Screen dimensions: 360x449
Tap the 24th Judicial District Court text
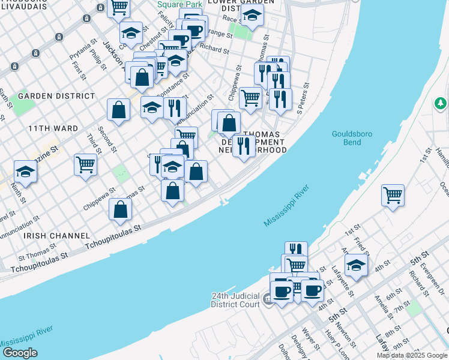pyautogui.click(x=235, y=300)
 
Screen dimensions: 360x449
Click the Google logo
pyautogui.click(x=20, y=353)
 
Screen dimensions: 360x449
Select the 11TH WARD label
pyautogui.click(x=53, y=128)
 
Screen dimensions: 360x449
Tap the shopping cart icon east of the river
pyautogui.click(x=393, y=195)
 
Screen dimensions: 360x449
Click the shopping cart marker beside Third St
pyautogui.click(x=86, y=164)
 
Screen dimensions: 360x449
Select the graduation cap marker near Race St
pyautogui.click(x=253, y=16)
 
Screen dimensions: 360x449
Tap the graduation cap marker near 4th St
pyautogui.click(x=356, y=265)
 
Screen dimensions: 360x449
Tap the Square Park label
pyautogui.click(x=173, y=4)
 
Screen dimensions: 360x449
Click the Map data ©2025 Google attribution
pyautogui.click(x=411, y=355)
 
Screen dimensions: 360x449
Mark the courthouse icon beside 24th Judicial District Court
pyautogui.click(x=267, y=299)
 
